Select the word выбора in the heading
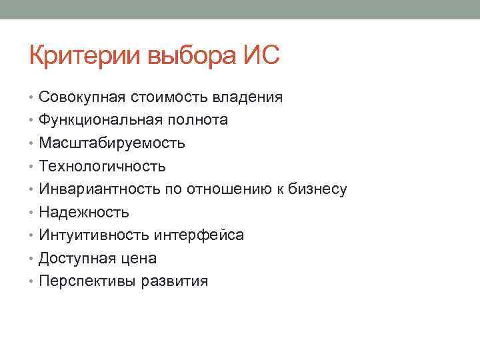click(193, 55)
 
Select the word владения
click(248, 98)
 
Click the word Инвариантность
click(95, 189)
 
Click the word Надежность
click(84, 213)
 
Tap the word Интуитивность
click(94, 235)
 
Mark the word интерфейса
click(199, 235)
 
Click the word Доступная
click(75, 259)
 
